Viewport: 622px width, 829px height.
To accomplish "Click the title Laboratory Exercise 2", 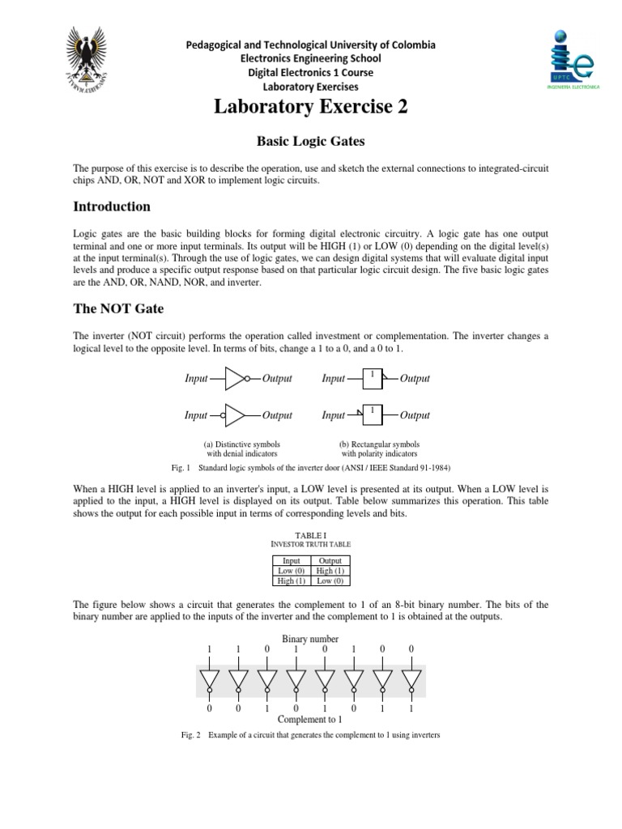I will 311,108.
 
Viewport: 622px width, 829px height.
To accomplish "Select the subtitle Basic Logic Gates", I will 311,142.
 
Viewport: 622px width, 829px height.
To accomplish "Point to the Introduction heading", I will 112,206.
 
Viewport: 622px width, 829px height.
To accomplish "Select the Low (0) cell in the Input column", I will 291,570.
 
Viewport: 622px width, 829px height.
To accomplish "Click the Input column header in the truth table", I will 291,560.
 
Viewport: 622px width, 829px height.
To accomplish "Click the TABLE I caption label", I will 311,535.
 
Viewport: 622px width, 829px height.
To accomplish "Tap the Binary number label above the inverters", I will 310,639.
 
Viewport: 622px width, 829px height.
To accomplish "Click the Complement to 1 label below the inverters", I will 310,719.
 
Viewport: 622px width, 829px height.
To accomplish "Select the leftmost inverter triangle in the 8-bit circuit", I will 210,678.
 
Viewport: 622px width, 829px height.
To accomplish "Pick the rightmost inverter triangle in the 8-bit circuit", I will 411,678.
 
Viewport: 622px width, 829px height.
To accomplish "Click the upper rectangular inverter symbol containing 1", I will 373,378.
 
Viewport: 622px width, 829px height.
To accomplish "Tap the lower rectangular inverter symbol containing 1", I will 373,415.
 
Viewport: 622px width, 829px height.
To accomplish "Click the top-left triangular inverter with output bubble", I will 236,378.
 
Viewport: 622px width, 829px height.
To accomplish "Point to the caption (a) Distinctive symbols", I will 243,444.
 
